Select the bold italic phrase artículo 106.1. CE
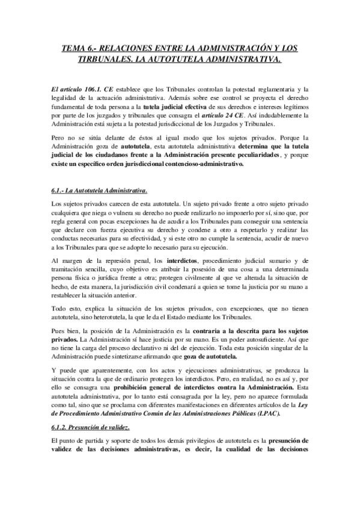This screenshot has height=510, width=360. point(75,88)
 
